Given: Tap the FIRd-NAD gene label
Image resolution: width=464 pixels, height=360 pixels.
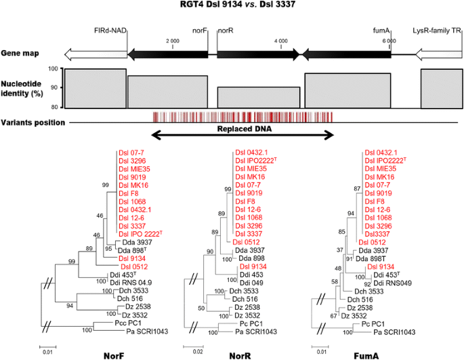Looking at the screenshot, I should coord(110,31).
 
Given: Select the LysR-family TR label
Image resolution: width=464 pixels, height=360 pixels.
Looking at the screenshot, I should coord(436,31).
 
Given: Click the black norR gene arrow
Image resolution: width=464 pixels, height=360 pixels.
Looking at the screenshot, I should coord(257,52).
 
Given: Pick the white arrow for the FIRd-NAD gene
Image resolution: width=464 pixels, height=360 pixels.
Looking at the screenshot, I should coord(95,52).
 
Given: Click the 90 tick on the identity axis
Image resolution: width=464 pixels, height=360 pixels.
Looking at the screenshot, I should coord(55,88).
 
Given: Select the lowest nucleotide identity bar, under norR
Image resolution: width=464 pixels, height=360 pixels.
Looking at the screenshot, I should coord(258,97).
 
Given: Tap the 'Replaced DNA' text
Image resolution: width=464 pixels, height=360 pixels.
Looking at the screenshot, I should coord(242,127).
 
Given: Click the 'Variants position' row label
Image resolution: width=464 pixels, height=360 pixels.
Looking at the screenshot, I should coord(33,122).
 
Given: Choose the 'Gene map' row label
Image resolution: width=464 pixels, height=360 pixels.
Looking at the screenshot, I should coord(18,52).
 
